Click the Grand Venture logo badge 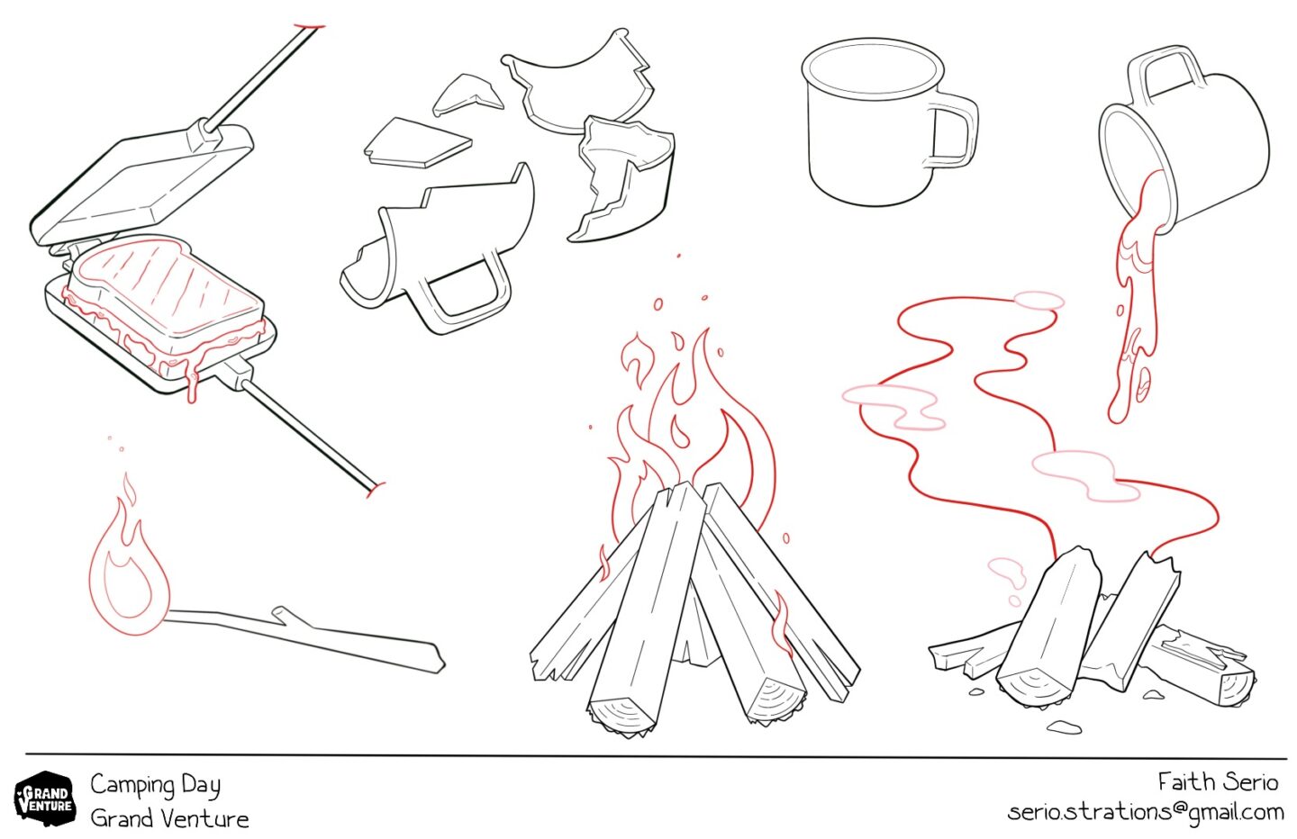coord(45,798)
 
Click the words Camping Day coord(155,785)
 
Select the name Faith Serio coord(1218,782)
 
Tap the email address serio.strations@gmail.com coord(1146,812)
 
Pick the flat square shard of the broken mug coord(417,143)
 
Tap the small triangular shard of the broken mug coord(467,95)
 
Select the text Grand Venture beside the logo coord(169,819)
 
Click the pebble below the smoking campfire coord(1065,727)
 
